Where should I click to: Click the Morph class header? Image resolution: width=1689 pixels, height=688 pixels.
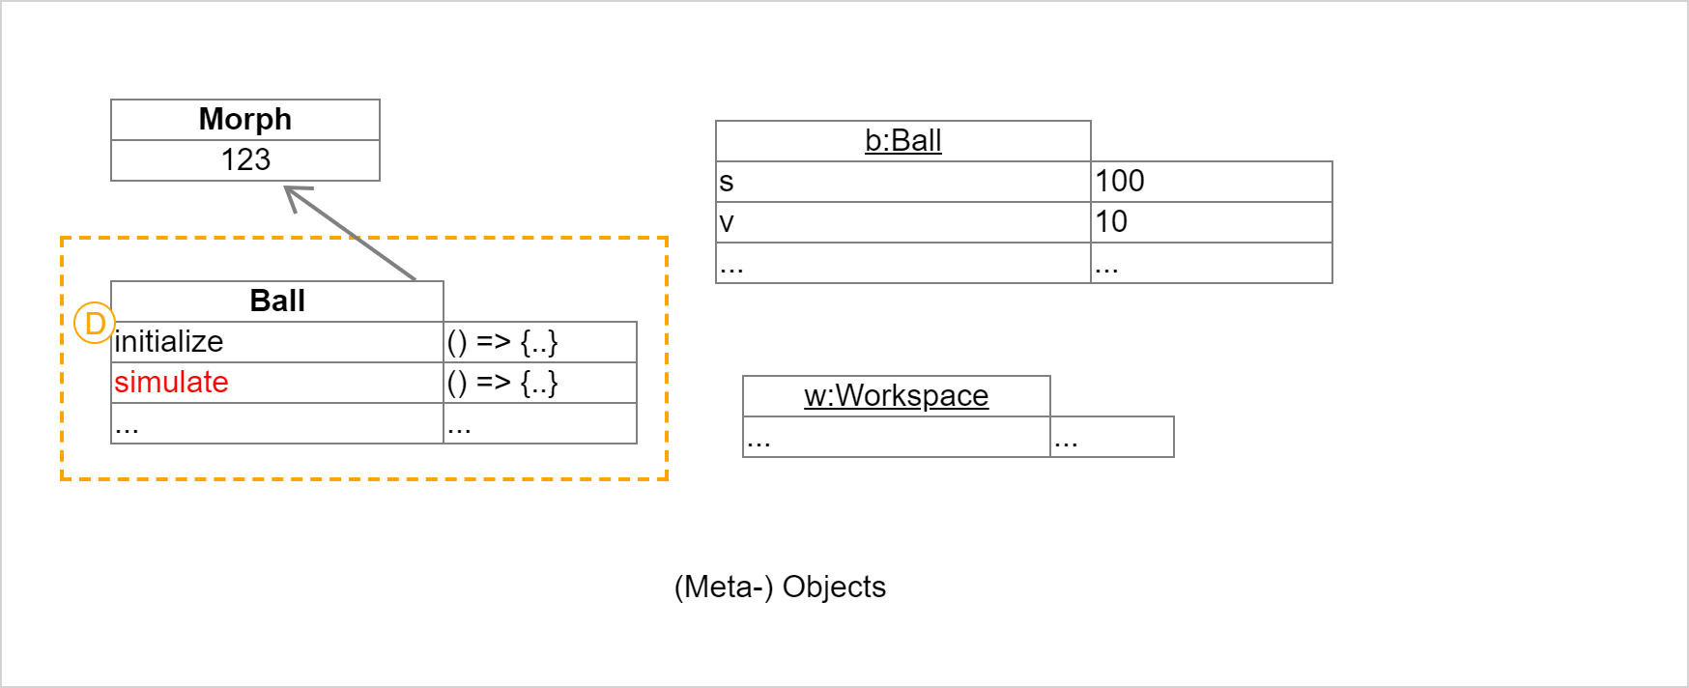click(245, 119)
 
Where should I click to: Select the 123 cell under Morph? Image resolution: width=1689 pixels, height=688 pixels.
click(245, 159)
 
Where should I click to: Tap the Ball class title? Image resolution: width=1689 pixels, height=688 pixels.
click(277, 301)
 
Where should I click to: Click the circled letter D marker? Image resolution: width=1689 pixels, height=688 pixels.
click(95, 323)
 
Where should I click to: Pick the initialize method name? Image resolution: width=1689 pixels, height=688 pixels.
click(169, 341)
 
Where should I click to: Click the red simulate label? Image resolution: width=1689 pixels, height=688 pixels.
click(171, 382)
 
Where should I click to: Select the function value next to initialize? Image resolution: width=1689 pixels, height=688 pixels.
click(502, 341)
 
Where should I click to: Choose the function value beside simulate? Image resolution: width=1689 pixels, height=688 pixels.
click(502, 382)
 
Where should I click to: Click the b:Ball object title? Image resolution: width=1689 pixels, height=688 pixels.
click(902, 140)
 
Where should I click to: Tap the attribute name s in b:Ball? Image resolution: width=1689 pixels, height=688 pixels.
click(727, 181)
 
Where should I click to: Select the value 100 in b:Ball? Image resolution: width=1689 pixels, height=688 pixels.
click(1119, 181)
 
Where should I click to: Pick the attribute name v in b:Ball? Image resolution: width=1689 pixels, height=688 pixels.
click(727, 221)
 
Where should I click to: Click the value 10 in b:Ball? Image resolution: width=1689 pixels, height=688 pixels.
click(1111, 221)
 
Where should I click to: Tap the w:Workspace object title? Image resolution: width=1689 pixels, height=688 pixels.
click(896, 395)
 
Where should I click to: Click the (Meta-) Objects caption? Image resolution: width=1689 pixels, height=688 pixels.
click(780, 587)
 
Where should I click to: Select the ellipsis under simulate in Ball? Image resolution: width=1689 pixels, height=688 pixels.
click(128, 425)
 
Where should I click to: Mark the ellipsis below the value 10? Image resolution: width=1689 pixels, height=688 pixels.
click(1107, 265)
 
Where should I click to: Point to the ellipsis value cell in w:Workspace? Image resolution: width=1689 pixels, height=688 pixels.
click(1067, 439)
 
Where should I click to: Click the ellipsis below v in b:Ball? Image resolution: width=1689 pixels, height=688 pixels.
click(731, 265)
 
